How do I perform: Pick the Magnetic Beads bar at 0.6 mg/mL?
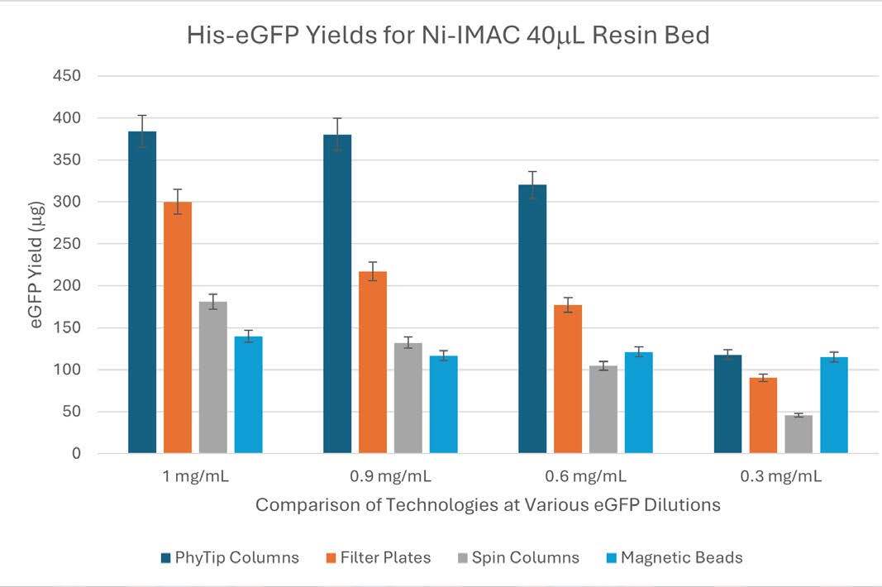(639, 403)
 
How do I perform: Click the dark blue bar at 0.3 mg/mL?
(727, 404)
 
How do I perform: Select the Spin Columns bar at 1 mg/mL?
(213, 377)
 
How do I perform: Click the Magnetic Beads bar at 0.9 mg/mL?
(444, 404)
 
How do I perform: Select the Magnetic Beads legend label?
(681, 557)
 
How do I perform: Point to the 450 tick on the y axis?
(67, 76)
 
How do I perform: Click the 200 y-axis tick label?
(67, 286)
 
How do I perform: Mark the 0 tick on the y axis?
(76, 454)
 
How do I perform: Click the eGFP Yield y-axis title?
(37, 265)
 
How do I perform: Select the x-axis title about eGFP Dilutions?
(488, 504)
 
